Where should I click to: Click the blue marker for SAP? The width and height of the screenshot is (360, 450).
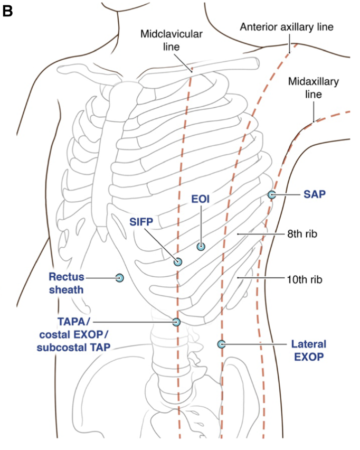tap(272, 194)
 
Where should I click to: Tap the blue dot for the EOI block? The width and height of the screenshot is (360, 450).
tap(201, 246)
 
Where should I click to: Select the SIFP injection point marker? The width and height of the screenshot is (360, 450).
tap(178, 262)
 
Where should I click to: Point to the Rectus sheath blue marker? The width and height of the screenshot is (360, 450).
tap(120, 278)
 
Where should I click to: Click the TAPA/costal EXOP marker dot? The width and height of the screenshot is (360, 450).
tap(176, 322)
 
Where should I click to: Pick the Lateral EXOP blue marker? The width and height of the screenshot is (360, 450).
tap(221, 344)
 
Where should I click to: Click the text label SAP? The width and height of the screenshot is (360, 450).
tap(315, 194)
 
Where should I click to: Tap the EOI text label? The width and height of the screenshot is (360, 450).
tap(201, 199)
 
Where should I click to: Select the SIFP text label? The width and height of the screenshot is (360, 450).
tap(141, 222)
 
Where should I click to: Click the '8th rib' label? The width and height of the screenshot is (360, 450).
tap(302, 234)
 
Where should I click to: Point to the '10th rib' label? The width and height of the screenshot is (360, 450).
tap(305, 279)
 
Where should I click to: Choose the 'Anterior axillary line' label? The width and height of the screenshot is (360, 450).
tap(287, 27)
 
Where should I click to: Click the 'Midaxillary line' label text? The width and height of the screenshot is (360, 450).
tap(313, 88)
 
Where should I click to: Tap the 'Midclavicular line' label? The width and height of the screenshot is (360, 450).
tap(171, 40)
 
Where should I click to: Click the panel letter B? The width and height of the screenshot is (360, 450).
tap(7, 11)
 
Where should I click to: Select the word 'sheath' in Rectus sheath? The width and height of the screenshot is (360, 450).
tap(67, 289)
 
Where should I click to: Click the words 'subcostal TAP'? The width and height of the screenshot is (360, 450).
tap(74, 348)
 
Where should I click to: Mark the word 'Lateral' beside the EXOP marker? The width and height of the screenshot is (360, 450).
tap(309, 344)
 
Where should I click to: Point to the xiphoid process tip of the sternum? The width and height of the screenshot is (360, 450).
tap(102, 239)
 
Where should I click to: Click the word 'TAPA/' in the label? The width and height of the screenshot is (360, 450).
tap(72, 322)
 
